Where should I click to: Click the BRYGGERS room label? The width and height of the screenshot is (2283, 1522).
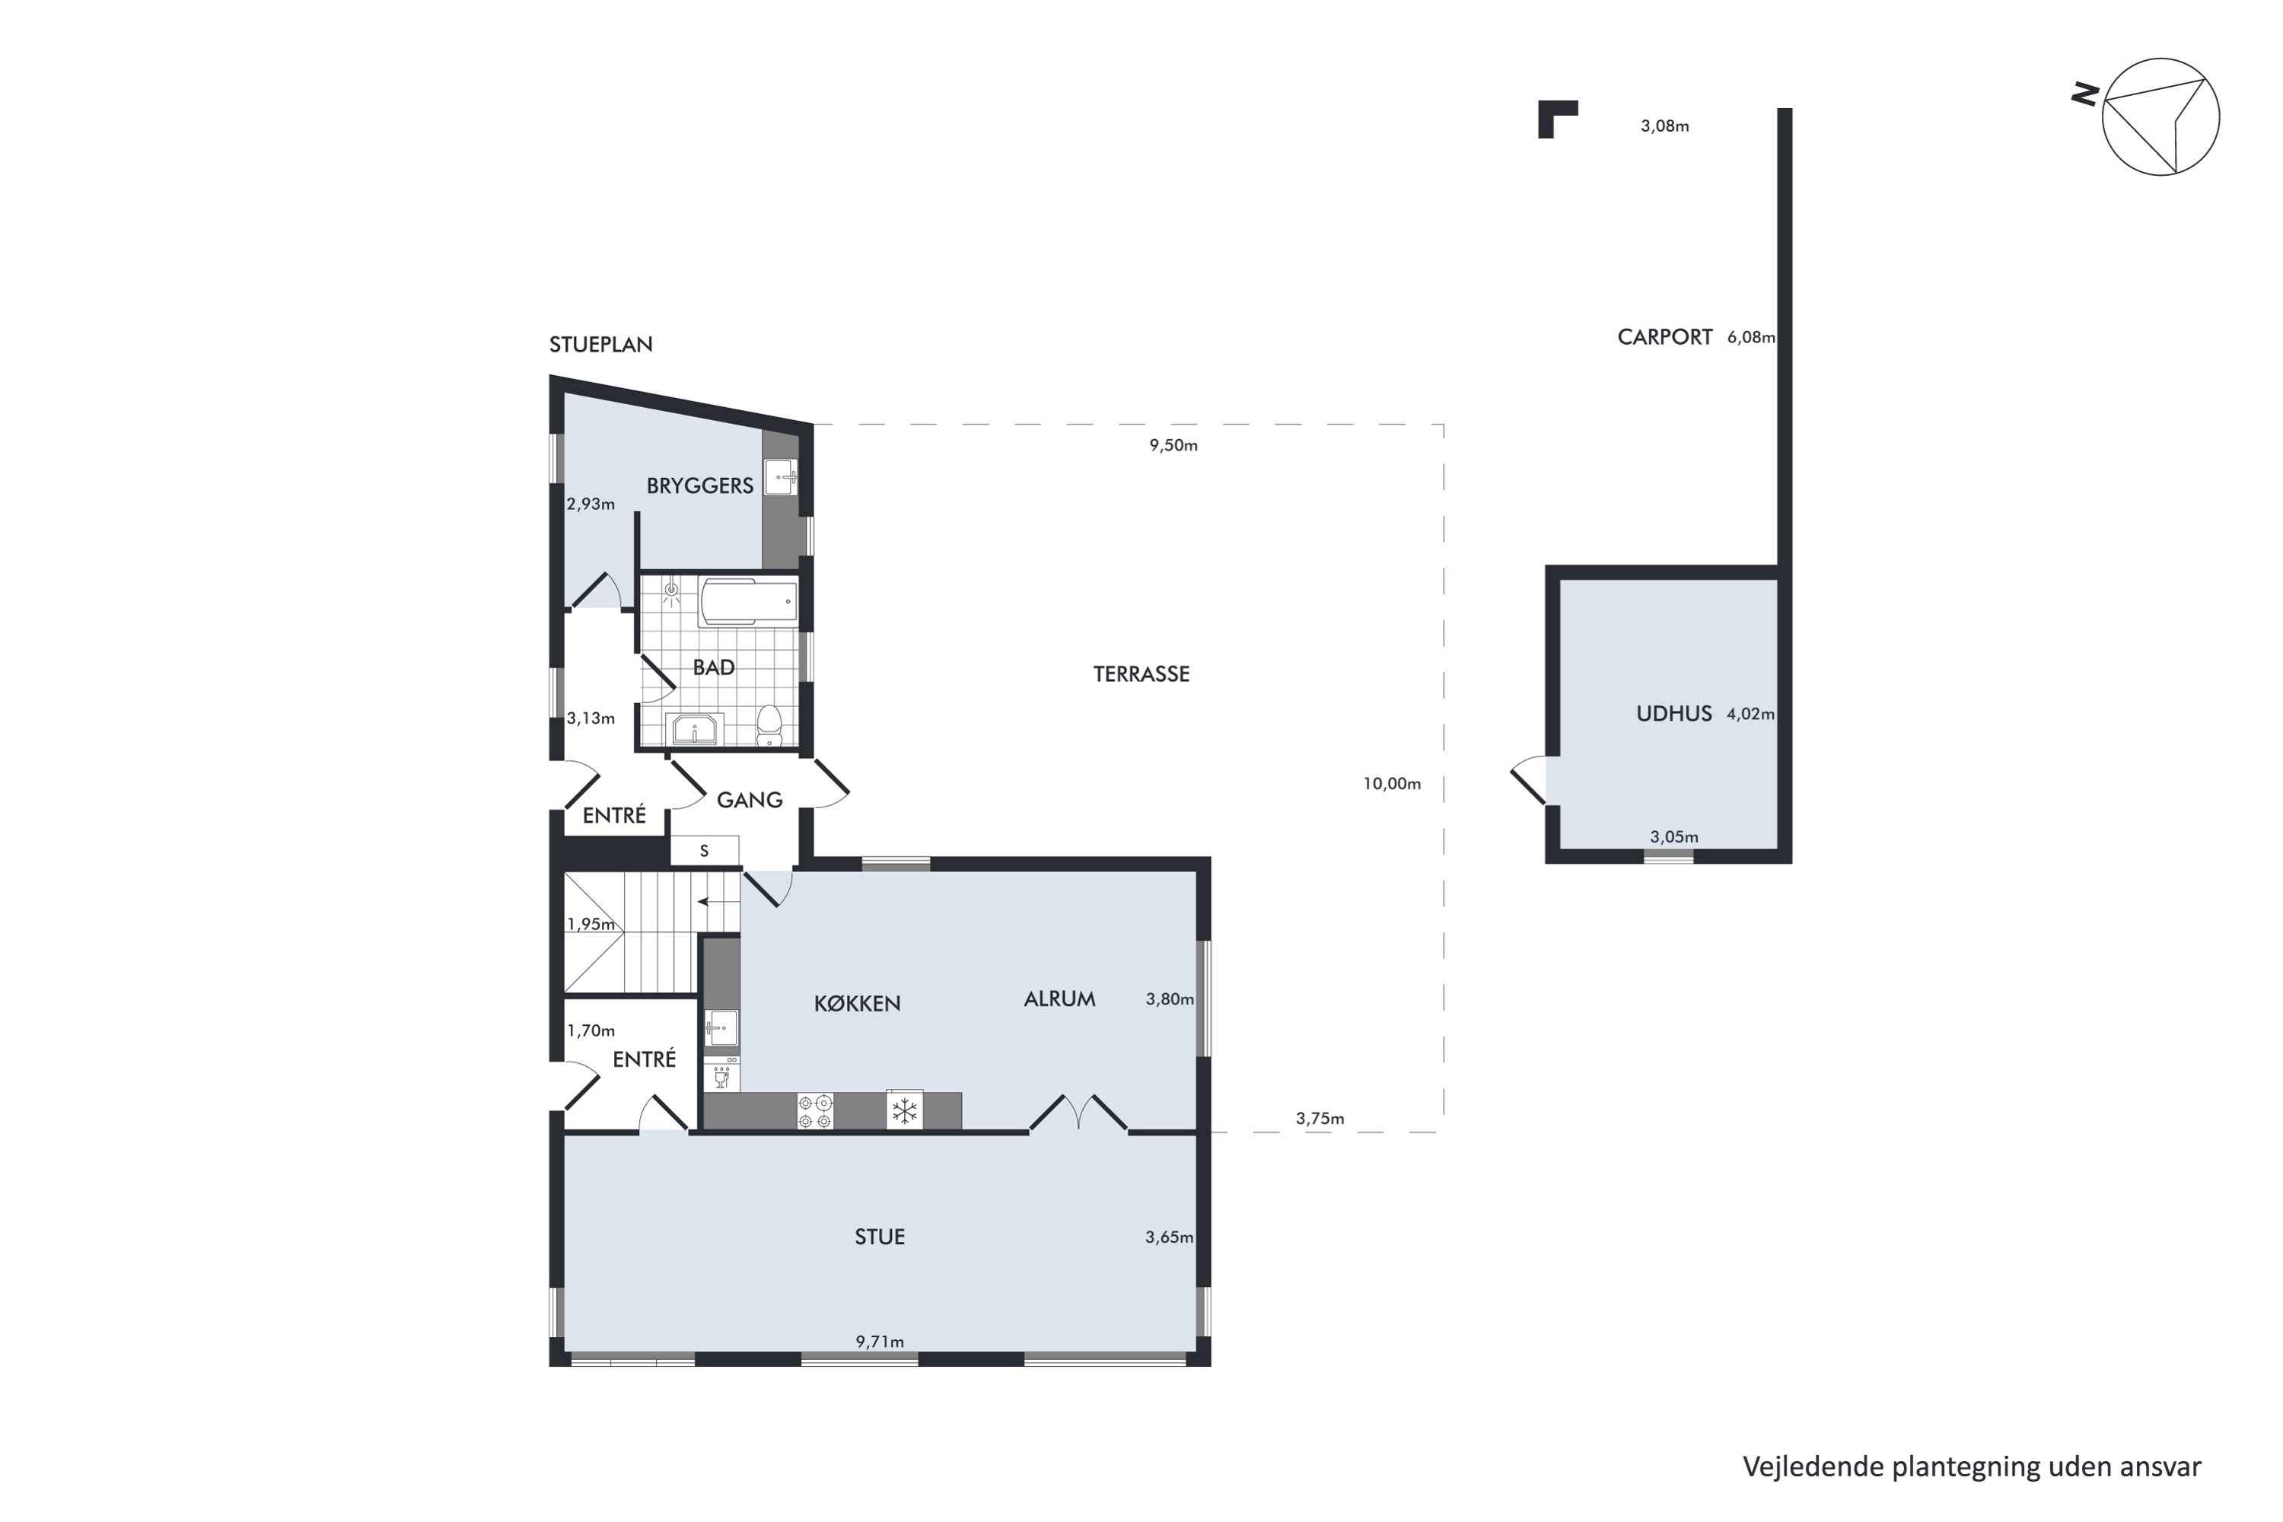pos(700,486)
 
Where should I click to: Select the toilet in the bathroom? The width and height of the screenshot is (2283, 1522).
pos(769,725)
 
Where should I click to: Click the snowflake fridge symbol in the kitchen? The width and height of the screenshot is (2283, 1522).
pos(905,1110)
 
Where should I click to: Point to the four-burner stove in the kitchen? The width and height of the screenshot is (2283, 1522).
pos(815,1111)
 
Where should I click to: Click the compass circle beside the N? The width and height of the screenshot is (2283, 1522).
pos(2160,116)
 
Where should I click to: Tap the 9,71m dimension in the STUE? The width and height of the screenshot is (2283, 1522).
pos(880,1342)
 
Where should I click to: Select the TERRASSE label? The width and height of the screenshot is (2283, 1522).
pos(1141,673)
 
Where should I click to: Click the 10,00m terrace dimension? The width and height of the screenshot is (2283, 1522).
pos(1392,783)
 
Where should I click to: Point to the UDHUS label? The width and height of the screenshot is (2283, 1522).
pos(1674,714)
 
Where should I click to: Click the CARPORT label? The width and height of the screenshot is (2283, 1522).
pos(1665,337)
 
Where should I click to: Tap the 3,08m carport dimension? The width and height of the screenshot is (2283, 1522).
pos(1665,126)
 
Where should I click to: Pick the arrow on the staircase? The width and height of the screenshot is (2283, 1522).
pos(718,902)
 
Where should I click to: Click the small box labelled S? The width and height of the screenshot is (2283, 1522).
pos(705,850)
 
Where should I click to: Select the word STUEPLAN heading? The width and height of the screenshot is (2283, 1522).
pos(601,344)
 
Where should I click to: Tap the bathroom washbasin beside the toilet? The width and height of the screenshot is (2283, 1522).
pos(695,729)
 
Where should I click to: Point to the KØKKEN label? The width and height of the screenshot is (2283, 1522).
pos(857,1004)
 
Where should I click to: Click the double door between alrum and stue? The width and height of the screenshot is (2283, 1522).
pos(1078,1113)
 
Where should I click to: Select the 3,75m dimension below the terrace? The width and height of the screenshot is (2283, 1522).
pos(1320,1118)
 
